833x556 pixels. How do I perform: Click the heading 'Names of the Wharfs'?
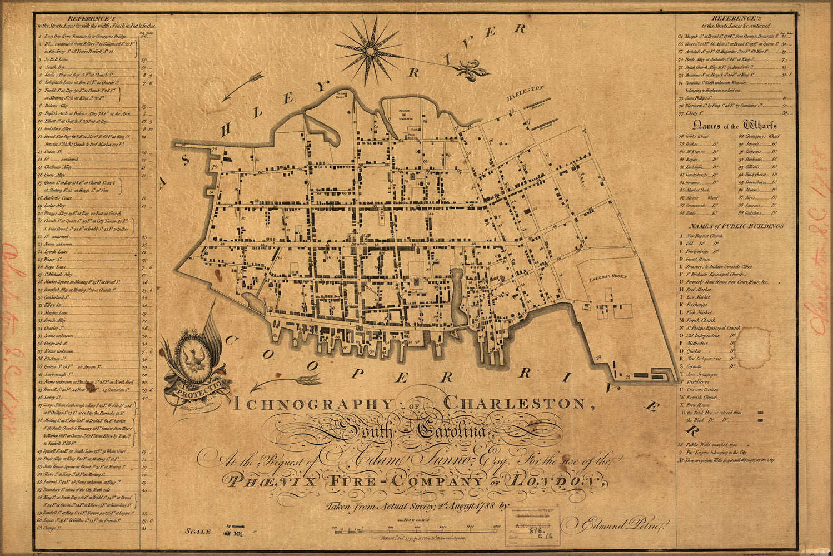pos(736,126)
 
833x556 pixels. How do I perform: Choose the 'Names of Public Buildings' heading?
pos(736,226)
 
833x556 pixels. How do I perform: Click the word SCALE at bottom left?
pos(198,532)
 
